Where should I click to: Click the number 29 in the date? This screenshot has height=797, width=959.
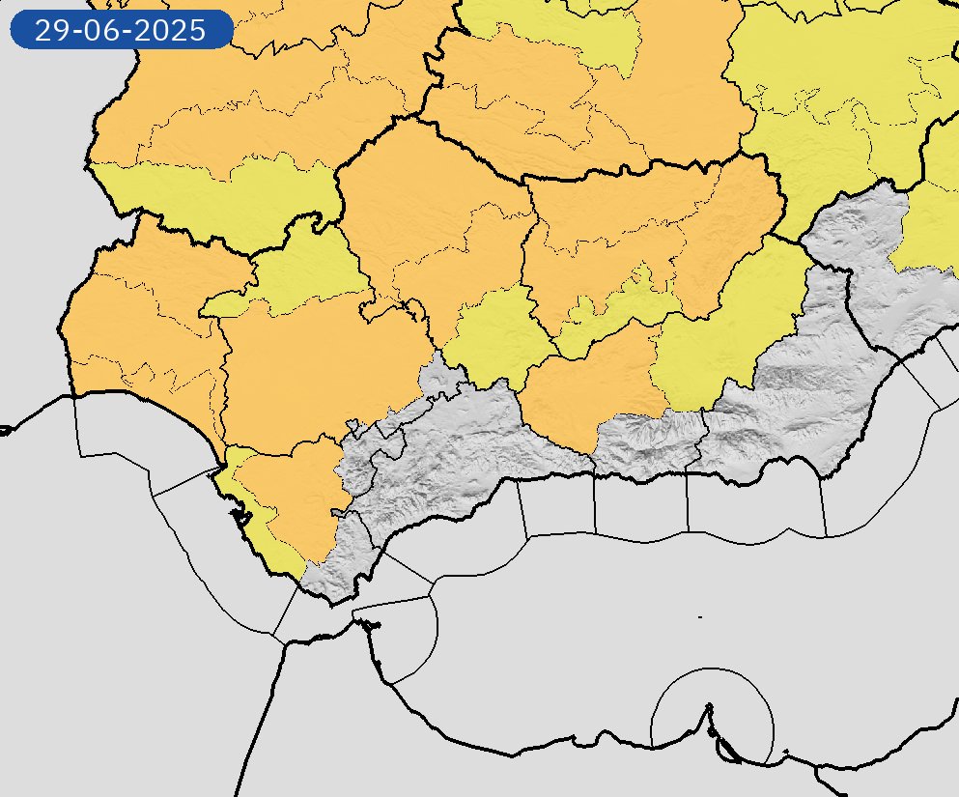coord(49,30)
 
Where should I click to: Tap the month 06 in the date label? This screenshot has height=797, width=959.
coord(99,30)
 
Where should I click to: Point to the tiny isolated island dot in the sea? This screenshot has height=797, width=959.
coord(699,616)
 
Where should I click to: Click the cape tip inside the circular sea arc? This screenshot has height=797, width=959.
coord(710,708)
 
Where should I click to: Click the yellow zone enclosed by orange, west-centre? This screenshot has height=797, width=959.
coord(299,275)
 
